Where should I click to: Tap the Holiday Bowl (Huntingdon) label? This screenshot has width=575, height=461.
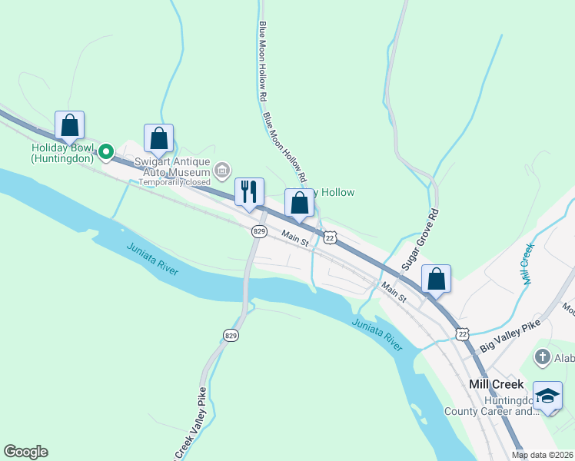[x=62, y=153]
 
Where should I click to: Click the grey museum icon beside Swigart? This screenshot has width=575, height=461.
[x=222, y=169]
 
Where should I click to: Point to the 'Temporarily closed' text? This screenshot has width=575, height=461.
[x=174, y=182]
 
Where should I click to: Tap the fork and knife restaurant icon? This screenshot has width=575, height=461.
[x=248, y=191]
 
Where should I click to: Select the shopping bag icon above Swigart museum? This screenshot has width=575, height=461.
[x=158, y=138]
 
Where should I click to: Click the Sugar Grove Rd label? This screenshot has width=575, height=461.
[x=419, y=239]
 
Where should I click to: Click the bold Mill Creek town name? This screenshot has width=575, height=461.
[x=496, y=383]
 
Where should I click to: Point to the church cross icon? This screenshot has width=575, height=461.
[x=542, y=357]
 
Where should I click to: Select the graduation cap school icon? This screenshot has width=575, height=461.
[x=547, y=396]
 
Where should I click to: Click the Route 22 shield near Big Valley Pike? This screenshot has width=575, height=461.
[x=462, y=333]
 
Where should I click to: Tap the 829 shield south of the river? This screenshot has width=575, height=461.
[x=231, y=334]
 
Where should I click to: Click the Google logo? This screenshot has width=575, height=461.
[x=25, y=452]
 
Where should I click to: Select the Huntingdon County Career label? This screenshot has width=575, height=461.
[x=492, y=406]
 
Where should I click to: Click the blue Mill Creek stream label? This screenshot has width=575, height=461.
[x=527, y=265]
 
